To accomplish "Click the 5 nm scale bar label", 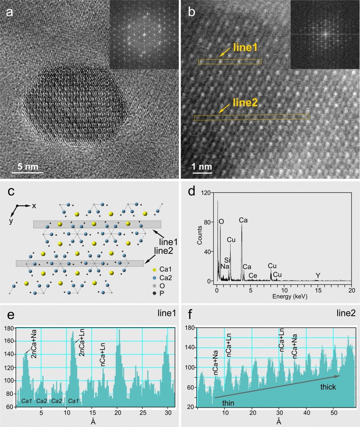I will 28,167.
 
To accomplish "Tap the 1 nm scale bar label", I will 202,167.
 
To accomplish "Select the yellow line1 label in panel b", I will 245,47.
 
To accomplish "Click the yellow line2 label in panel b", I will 245,103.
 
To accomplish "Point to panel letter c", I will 11,191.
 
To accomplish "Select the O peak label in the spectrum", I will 221,222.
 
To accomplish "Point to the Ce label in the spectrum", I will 253,275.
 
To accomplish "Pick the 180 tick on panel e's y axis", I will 9,328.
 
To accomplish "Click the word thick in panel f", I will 328,387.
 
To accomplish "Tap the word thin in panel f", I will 228,403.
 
